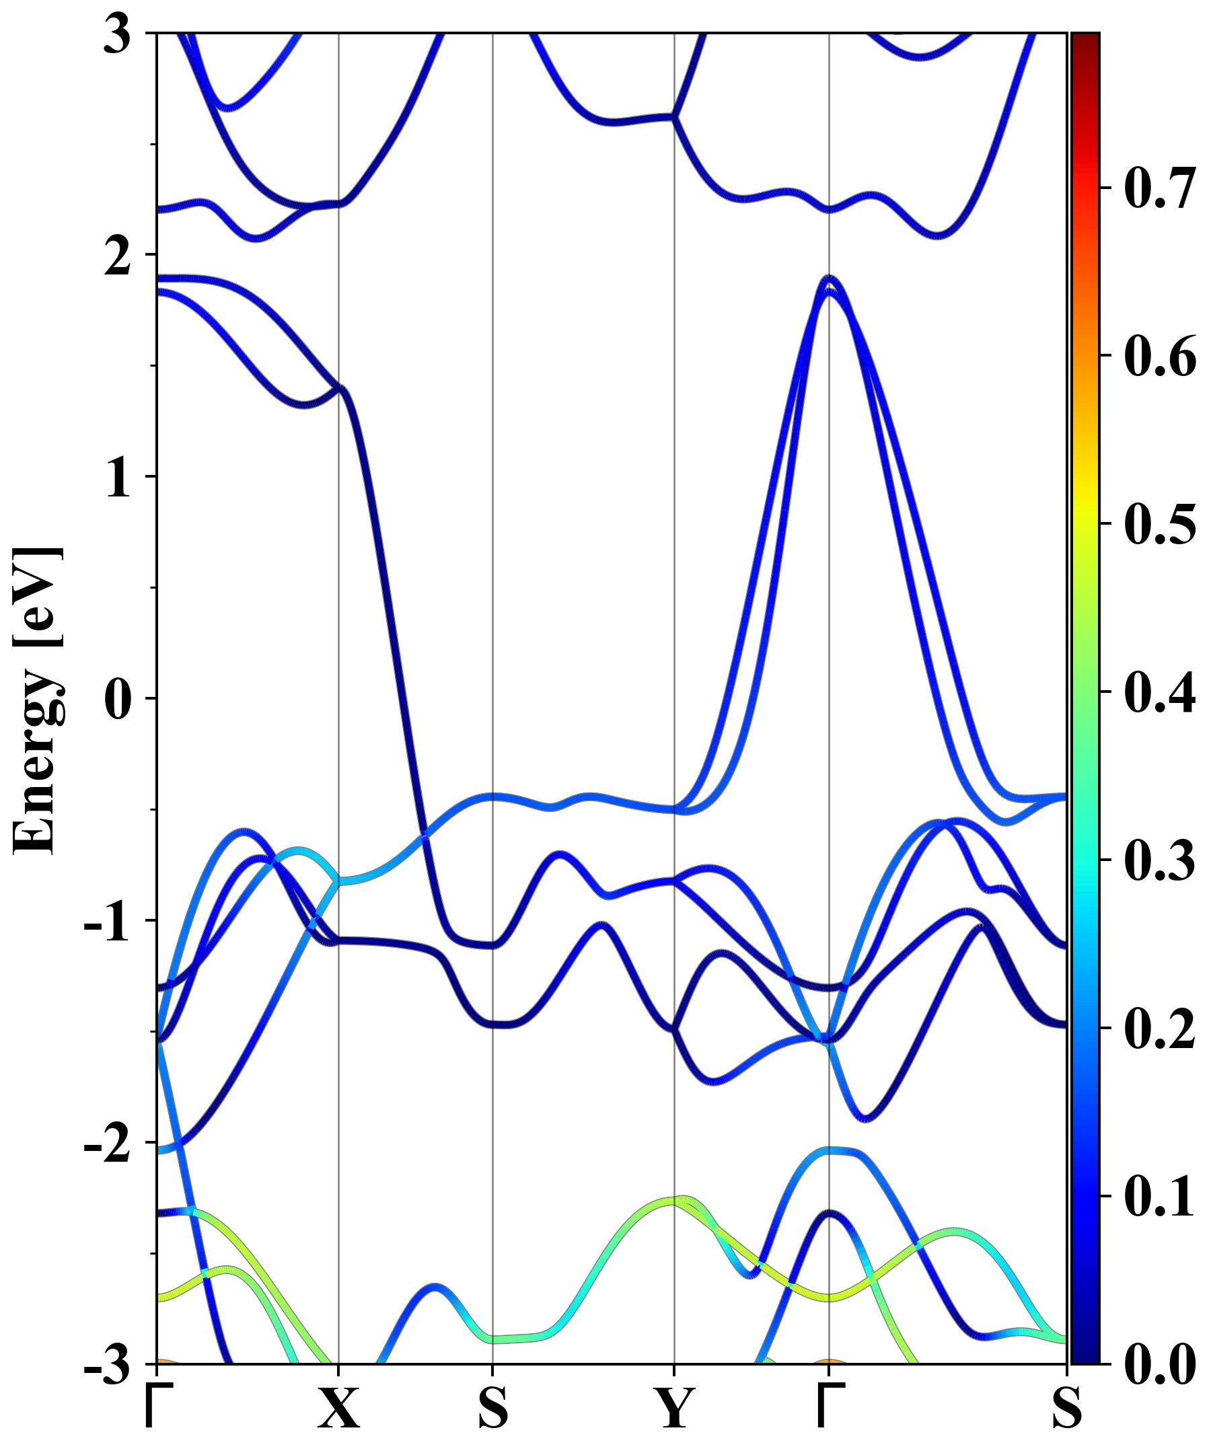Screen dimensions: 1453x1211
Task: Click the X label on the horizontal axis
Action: (x=338, y=1409)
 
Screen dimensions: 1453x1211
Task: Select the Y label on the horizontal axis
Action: (x=674, y=1409)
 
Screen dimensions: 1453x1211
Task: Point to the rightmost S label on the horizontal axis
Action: (x=1066, y=1409)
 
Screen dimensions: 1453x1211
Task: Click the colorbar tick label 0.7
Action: (x=1160, y=188)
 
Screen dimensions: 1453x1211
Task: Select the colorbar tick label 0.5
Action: (x=1160, y=524)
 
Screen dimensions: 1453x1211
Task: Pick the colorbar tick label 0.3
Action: (x=1160, y=860)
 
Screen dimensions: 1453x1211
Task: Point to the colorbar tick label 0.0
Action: (x=1160, y=1365)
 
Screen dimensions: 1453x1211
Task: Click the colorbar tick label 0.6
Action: (x=1160, y=357)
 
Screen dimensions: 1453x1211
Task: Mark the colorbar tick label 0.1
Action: (x=1160, y=1196)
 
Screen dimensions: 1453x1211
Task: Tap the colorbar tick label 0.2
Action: (x=1160, y=1028)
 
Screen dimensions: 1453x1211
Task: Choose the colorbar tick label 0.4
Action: (x=1160, y=692)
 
